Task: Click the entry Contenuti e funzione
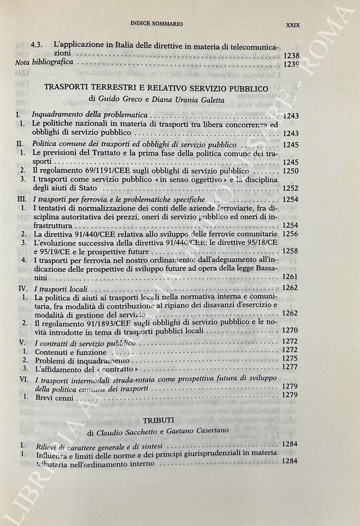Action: coord(69,351)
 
